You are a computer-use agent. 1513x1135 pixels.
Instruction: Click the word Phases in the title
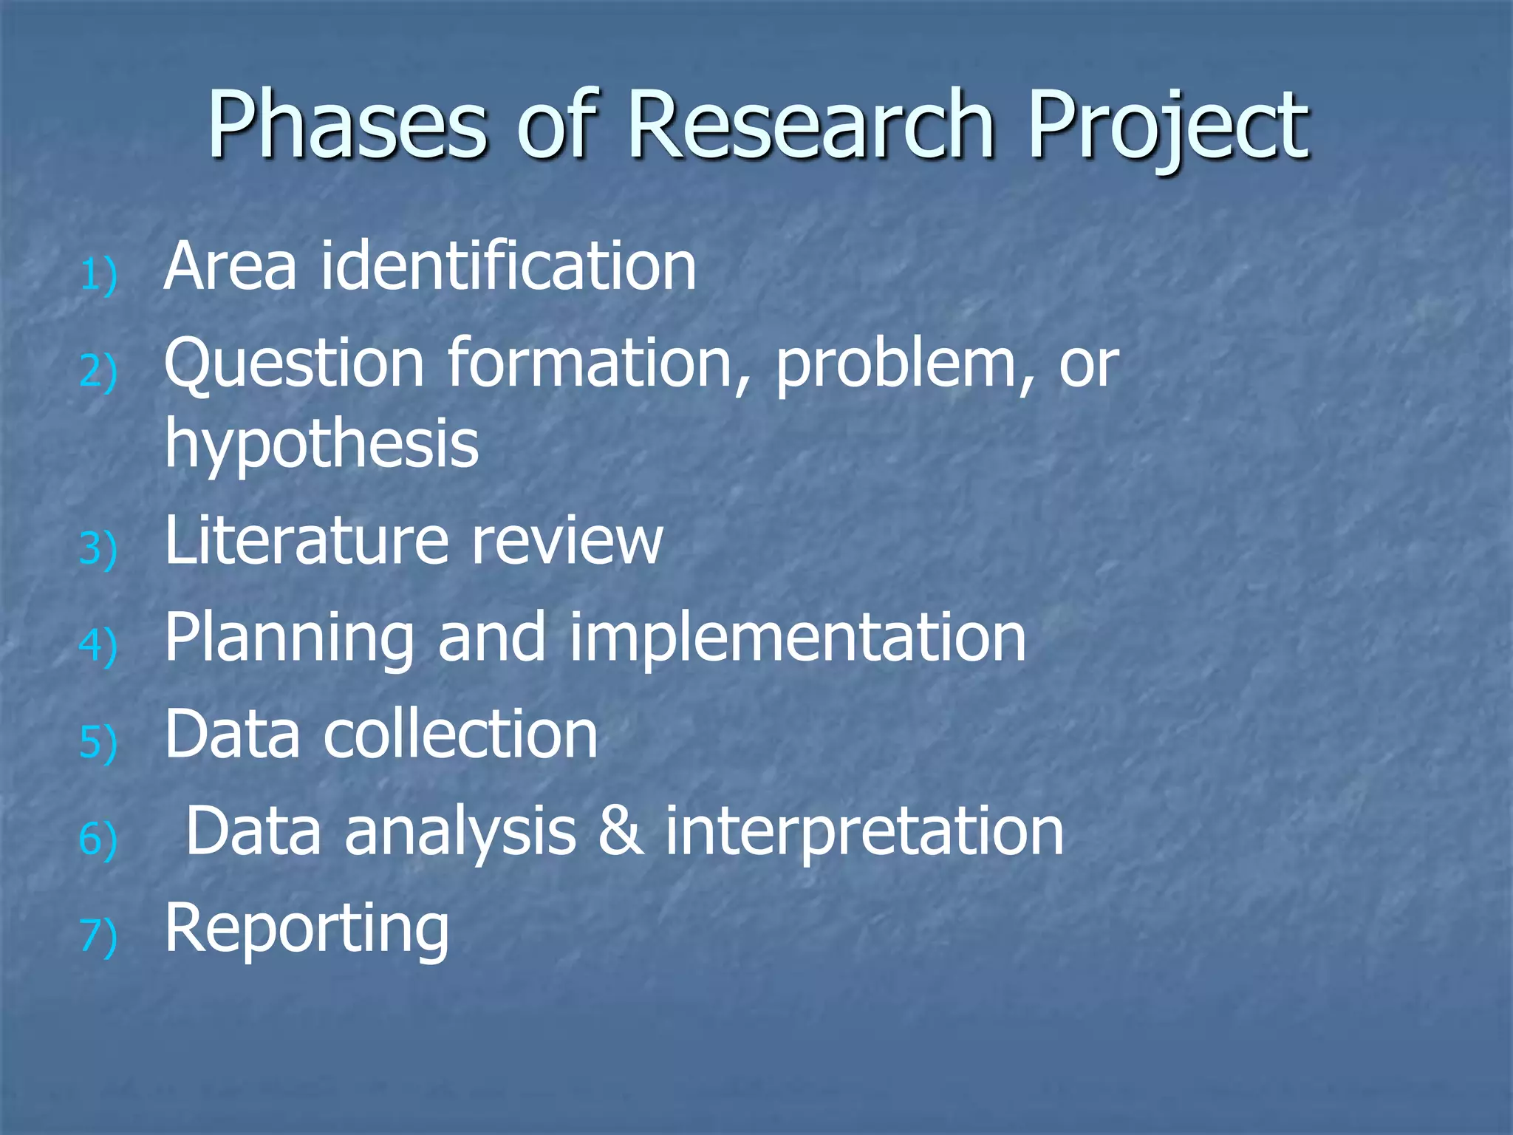pos(347,126)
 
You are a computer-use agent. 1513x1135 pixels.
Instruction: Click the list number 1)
pos(98,276)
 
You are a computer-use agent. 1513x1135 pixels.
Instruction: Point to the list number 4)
pos(98,646)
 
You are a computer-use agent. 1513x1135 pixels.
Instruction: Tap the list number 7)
pos(98,937)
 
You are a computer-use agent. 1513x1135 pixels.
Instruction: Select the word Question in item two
pos(294,364)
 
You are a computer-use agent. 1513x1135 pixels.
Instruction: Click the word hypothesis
pos(321,446)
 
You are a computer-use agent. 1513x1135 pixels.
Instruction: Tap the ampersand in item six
pos(621,832)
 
